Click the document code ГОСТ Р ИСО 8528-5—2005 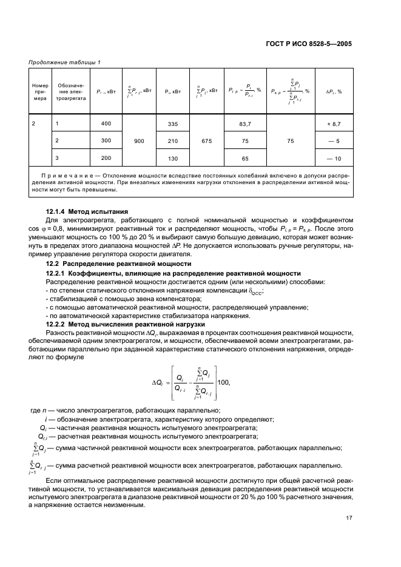[308, 44]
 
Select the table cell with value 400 [107, 124]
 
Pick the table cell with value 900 [139, 141]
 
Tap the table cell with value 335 [173, 124]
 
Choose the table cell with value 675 [207, 141]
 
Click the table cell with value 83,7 [246, 124]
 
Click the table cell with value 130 [173, 158]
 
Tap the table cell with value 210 [173, 141]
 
